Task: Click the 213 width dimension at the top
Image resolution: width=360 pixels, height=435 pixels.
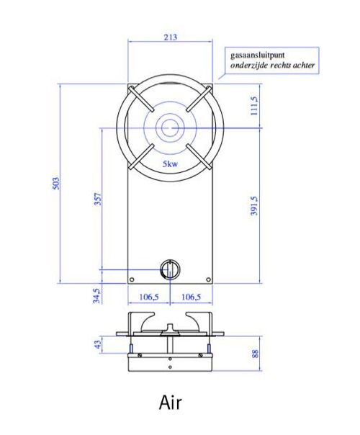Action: [170, 37]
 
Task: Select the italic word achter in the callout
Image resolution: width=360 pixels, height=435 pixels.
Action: [302, 66]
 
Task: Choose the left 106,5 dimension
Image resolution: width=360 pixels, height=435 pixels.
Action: [149, 295]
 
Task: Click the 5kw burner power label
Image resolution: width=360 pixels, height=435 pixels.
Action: [170, 166]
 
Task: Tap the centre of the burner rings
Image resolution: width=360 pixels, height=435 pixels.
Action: [170, 128]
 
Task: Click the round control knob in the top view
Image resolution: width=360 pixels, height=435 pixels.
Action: [170, 269]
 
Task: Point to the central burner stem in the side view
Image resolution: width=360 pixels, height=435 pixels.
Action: [170, 331]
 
